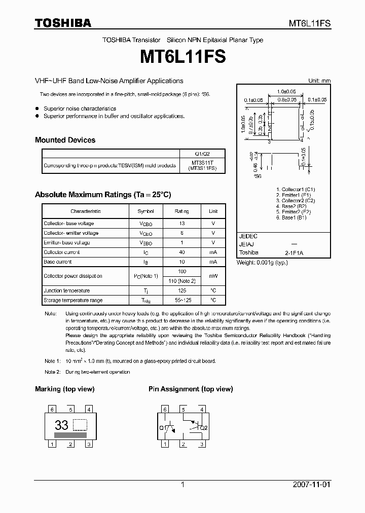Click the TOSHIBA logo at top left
click(63, 23)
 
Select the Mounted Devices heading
click(65, 140)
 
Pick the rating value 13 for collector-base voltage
click(182, 224)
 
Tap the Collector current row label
click(61, 252)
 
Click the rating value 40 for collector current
click(182, 252)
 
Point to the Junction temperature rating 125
click(182, 291)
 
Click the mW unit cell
click(213, 276)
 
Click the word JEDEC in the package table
click(248, 236)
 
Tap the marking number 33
click(61, 426)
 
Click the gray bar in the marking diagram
click(70, 434)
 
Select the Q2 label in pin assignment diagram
click(204, 428)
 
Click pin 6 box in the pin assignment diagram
click(165, 409)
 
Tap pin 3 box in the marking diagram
click(89, 445)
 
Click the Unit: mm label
click(319, 81)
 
